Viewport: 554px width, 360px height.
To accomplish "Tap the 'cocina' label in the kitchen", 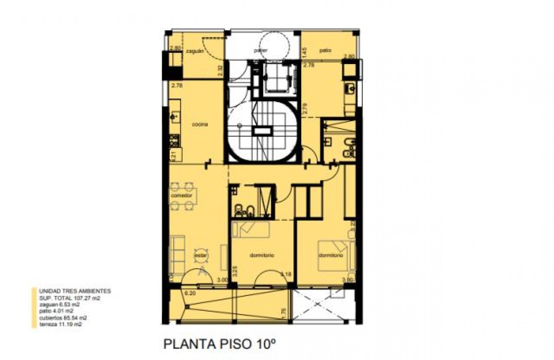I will coord(200,124).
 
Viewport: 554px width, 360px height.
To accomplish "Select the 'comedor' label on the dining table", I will coord(182,196).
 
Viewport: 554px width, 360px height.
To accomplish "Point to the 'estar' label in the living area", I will coord(200,256).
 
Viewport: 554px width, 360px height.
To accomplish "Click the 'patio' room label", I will coord(325,50).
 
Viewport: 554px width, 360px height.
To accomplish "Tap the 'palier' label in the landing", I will coord(261,50).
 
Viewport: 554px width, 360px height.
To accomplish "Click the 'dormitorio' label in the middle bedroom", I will coord(262,255).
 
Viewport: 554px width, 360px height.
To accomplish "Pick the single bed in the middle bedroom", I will coord(250,229).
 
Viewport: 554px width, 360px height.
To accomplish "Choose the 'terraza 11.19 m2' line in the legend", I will coord(60,324).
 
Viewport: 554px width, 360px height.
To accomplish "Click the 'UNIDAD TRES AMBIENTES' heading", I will coord(75,291).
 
